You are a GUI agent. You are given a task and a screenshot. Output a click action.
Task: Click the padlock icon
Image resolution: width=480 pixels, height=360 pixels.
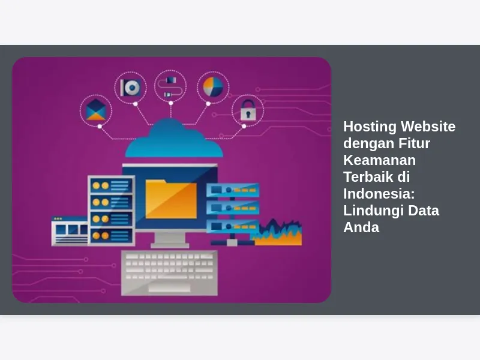pyautogui.click(x=248, y=110)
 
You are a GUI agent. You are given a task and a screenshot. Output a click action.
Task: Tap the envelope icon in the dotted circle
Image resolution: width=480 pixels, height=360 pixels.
pyautogui.click(x=96, y=110)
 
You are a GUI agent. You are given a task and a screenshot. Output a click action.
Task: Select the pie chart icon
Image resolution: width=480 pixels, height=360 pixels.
pyautogui.click(x=213, y=87)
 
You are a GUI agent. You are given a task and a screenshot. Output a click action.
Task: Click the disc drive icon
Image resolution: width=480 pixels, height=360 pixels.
pyautogui.click(x=131, y=88)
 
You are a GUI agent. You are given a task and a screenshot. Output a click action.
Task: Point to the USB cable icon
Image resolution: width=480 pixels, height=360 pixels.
pyautogui.click(x=170, y=87)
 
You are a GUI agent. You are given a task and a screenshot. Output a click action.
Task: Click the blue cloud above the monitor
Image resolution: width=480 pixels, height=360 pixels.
pyautogui.click(x=174, y=138)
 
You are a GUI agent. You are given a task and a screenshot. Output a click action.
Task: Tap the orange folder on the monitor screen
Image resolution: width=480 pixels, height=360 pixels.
pyautogui.click(x=171, y=199)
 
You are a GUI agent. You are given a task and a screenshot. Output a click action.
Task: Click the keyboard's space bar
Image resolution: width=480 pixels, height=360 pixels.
pyautogui.click(x=169, y=288)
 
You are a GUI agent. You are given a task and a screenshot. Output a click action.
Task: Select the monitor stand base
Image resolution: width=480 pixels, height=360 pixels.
pyautogui.click(x=170, y=245)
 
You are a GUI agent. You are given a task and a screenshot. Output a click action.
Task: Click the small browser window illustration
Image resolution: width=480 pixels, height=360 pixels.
pyautogui.click(x=70, y=231)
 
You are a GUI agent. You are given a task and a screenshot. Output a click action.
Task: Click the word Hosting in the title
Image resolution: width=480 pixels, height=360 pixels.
pyautogui.click(x=370, y=127)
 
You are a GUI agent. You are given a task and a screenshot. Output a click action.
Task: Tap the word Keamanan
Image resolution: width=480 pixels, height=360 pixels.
pyautogui.click(x=380, y=160)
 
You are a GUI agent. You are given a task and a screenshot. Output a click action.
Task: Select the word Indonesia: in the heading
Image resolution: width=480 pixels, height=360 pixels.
pyautogui.click(x=379, y=194)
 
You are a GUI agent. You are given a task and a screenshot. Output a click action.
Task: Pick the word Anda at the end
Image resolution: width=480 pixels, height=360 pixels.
pyautogui.click(x=361, y=227)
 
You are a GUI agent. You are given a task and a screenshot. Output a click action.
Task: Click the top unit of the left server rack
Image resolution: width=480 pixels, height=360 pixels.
pyautogui.click(x=112, y=185)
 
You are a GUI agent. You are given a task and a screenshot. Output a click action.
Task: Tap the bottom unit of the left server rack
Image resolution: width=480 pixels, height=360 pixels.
pyautogui.click(x=112, y=235)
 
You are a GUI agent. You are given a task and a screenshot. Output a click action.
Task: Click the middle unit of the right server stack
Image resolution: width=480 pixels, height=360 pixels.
pyautogui.click(x=233, y=208)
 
